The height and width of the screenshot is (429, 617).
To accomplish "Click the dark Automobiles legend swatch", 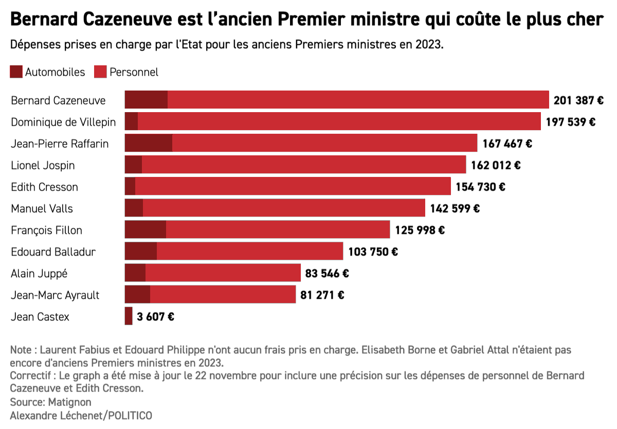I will [x=16, y=72].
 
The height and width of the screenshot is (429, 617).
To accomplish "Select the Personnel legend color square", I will [x=100, y=72].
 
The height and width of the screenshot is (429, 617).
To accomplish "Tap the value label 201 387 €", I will [x=578, y=100].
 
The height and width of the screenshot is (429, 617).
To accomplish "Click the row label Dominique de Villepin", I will [x=63, y=122].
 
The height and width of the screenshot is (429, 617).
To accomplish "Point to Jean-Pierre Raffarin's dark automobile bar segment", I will [x=149, y=144].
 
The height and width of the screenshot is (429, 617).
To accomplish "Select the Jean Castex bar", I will [x=129, y=316].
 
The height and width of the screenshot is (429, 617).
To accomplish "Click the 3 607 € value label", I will [x=155, y=317].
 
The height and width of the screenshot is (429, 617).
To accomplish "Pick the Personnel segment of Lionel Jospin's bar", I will [x=303, y=165].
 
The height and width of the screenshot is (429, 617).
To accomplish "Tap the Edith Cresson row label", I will [x=45, y=187].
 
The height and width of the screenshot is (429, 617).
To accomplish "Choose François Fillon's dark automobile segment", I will [x=146, y=230].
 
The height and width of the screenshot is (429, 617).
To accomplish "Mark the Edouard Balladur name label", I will [x=53, y=252].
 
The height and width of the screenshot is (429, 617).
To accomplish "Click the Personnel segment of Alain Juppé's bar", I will [x=223, y=273].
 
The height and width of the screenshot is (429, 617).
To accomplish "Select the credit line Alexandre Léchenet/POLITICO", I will [x=81, y=415].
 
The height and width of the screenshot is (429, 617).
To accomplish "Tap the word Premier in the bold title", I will [x=316, y=20].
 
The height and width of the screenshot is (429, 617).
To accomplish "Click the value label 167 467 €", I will [x=507, y=144].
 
